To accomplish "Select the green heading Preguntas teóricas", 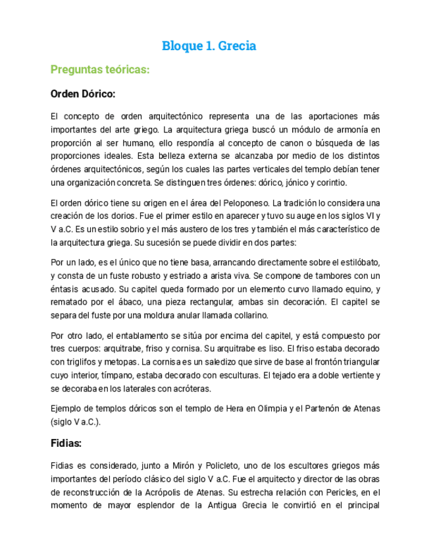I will coord(101,69).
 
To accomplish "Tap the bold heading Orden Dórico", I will coord(83,94).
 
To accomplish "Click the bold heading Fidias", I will coord(66,443).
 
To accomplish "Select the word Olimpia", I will coord(270,409).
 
